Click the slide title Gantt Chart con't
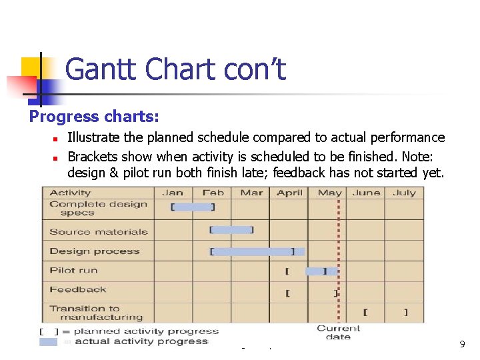(176, 69)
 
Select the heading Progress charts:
(94, 117)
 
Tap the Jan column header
(173, 193)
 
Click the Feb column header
(213, 193)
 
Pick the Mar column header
(251, 193)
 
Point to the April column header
(289, 193)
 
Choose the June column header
(367, 193)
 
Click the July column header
(404, 193)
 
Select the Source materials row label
(99, 232)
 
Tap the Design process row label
(95, 251)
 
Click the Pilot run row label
(73, 270)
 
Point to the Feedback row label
(78, 289)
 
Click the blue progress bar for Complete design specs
(193, 207)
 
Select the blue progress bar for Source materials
(232, 230)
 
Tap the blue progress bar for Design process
(259, 251)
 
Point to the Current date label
(338, 333)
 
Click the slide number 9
(462, 344)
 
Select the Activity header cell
(70, 193)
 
